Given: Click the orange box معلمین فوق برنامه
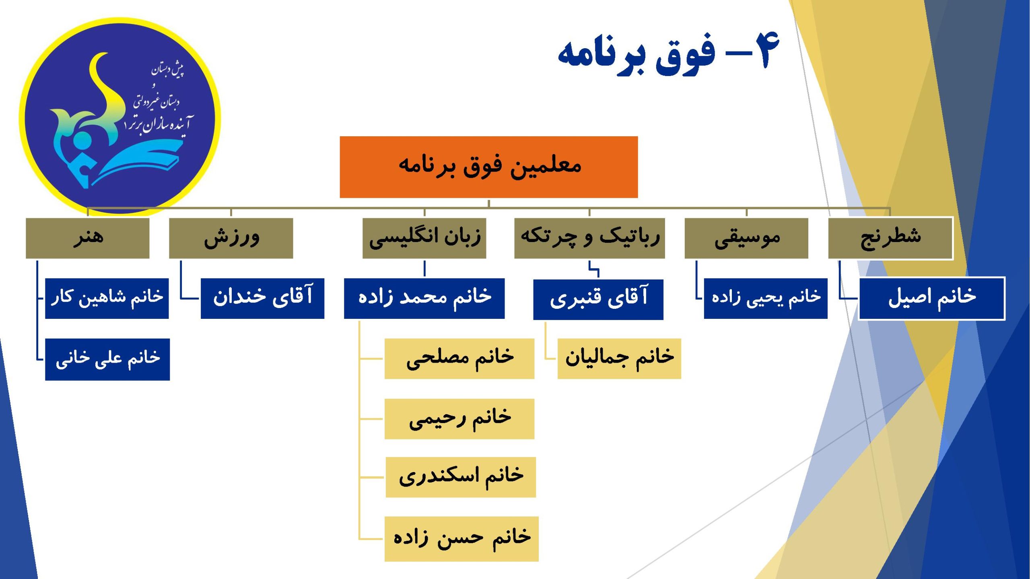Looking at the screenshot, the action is click(x=488, y=167).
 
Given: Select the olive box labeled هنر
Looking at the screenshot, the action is click(x=87, y=238).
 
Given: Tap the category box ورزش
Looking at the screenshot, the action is click(x=231, y=238).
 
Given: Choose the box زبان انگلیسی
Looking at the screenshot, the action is click(x=424, y=238).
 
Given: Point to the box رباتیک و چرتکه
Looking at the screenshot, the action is click(x=589, y=238).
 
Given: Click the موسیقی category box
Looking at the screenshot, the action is click(x=746, y=238).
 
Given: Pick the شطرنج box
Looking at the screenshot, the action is click(x=890, y=238).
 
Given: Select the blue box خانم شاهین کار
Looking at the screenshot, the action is click(x=107, y=298).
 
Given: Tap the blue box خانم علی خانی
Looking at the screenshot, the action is click(x=107, y=359).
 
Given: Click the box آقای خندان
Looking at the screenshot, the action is click(x=262, y=298).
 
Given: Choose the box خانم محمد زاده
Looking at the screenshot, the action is click(x=424, y=298).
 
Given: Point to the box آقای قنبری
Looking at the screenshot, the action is click(x=598, y=300).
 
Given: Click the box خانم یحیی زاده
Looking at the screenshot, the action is click(x=766, y=298).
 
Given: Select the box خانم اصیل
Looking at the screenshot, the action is click(x=932, y=298).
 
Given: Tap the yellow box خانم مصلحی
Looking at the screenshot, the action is click(x=459, y=359).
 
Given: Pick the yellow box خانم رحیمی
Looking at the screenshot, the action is click(x=459, y=419).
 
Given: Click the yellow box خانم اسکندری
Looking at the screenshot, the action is click(x=461, y=477).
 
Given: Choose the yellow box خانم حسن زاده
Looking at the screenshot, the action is click(x=461, y=539).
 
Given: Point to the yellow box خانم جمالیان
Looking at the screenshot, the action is click(x=619, y=359).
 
